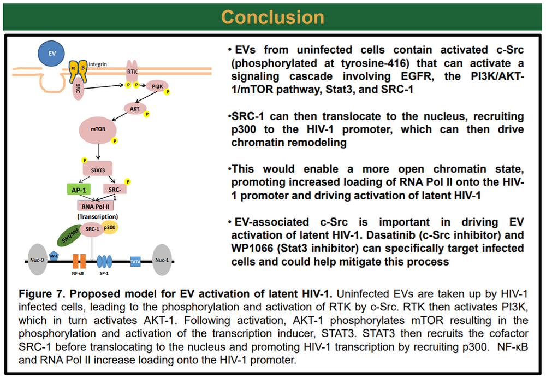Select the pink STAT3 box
click(x=98, y=168)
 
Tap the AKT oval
click(x=134, y=108)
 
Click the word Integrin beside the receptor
click(x=98, y=64)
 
